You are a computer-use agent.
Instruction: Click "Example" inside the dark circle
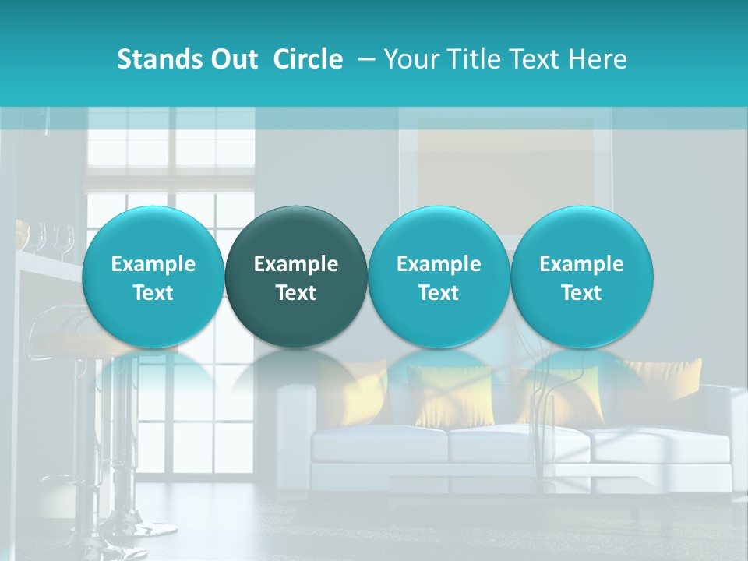pyautogui.click(x=296, y=264)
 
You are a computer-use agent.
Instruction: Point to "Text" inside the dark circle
pyautogui.click(x=296, y=293)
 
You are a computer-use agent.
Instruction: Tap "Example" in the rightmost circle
pyautogui.click(x=581, y=264)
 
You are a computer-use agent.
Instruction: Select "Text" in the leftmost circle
pyautogui.click(x=153, y=293)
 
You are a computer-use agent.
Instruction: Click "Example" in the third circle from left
pyautogui.click(x=439, y=264)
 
